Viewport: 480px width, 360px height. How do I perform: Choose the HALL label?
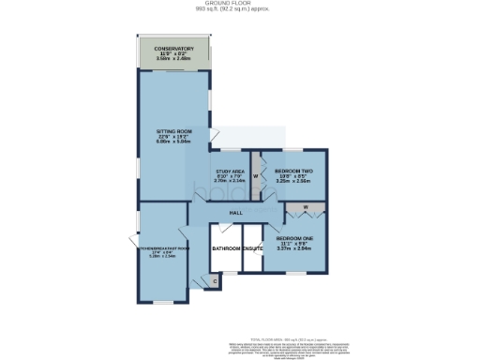coord(236,213)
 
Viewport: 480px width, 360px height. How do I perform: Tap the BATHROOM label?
coord(226,248)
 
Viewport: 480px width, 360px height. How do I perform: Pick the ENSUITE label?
coord(253,248)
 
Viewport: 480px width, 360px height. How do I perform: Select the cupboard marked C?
coord(214,281)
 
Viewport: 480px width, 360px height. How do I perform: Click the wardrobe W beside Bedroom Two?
coord(254,175)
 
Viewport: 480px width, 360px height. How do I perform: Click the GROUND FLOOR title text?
coord(239,5)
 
